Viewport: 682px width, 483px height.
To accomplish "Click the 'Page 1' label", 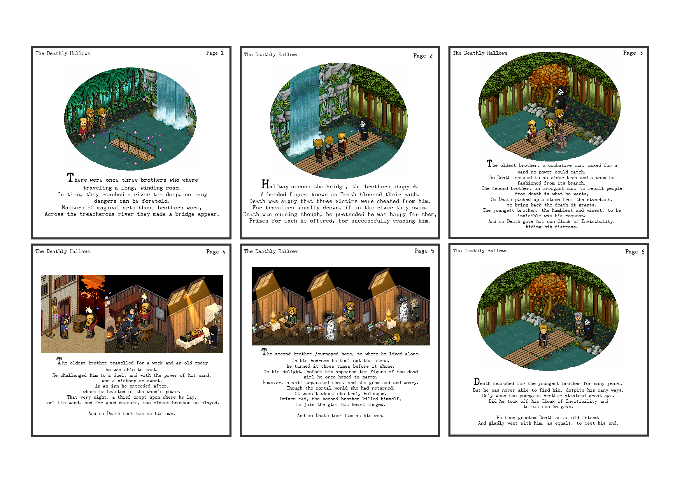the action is [215, 53].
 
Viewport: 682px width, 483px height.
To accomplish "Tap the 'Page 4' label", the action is [216, 252].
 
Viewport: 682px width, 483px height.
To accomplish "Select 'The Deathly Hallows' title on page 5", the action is [271, 251].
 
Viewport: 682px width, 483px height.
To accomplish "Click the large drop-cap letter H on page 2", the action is [265, 184].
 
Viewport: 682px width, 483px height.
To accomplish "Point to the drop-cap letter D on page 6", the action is [477, 382].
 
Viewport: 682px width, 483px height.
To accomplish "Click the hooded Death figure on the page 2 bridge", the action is [364, 129].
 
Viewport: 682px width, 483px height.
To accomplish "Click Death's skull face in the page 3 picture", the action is [560, 92].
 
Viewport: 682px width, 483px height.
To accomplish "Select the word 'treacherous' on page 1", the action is [97, 214].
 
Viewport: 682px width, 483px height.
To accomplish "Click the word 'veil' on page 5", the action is [297, 383].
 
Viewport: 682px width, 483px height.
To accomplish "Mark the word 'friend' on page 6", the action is [590, 418].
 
